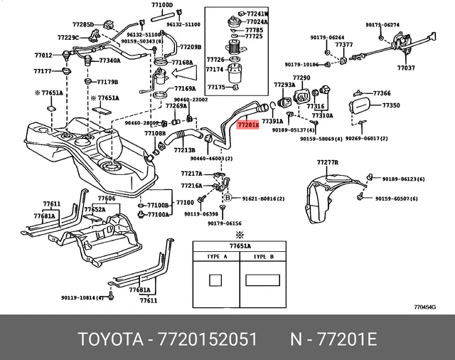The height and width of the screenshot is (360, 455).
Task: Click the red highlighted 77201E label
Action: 248,125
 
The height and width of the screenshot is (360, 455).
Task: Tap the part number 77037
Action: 406,68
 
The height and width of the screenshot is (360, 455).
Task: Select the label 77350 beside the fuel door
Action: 391,105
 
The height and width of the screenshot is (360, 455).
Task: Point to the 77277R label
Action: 328,163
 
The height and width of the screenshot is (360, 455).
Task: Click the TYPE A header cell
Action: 216,256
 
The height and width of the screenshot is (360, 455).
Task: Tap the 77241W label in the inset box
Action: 257,14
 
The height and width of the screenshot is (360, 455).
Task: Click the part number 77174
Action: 215,70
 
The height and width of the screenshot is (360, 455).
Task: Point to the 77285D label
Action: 82,25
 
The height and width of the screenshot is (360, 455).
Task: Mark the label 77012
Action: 43,55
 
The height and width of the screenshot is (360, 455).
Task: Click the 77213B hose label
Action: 184,150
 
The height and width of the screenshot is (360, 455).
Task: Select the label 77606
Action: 106,198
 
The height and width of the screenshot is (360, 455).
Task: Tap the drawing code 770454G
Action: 426,307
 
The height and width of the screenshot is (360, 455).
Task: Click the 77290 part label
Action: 301,77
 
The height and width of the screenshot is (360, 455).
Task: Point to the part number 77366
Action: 382,93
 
